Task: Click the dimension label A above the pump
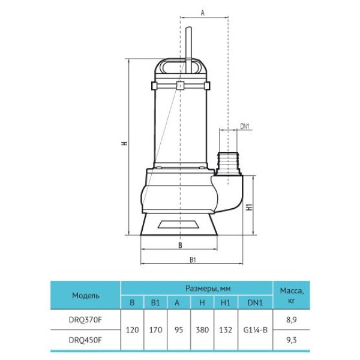[203, 13]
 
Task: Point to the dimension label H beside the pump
[125, 143]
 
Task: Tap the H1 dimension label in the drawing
[250, 207]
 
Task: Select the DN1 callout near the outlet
[245, 126]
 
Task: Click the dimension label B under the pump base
[180, 245]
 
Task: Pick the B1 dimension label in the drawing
[193, 260]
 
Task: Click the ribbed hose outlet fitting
[228, 163]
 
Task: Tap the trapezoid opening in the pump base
[178, 224]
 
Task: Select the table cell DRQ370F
[85, 320]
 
